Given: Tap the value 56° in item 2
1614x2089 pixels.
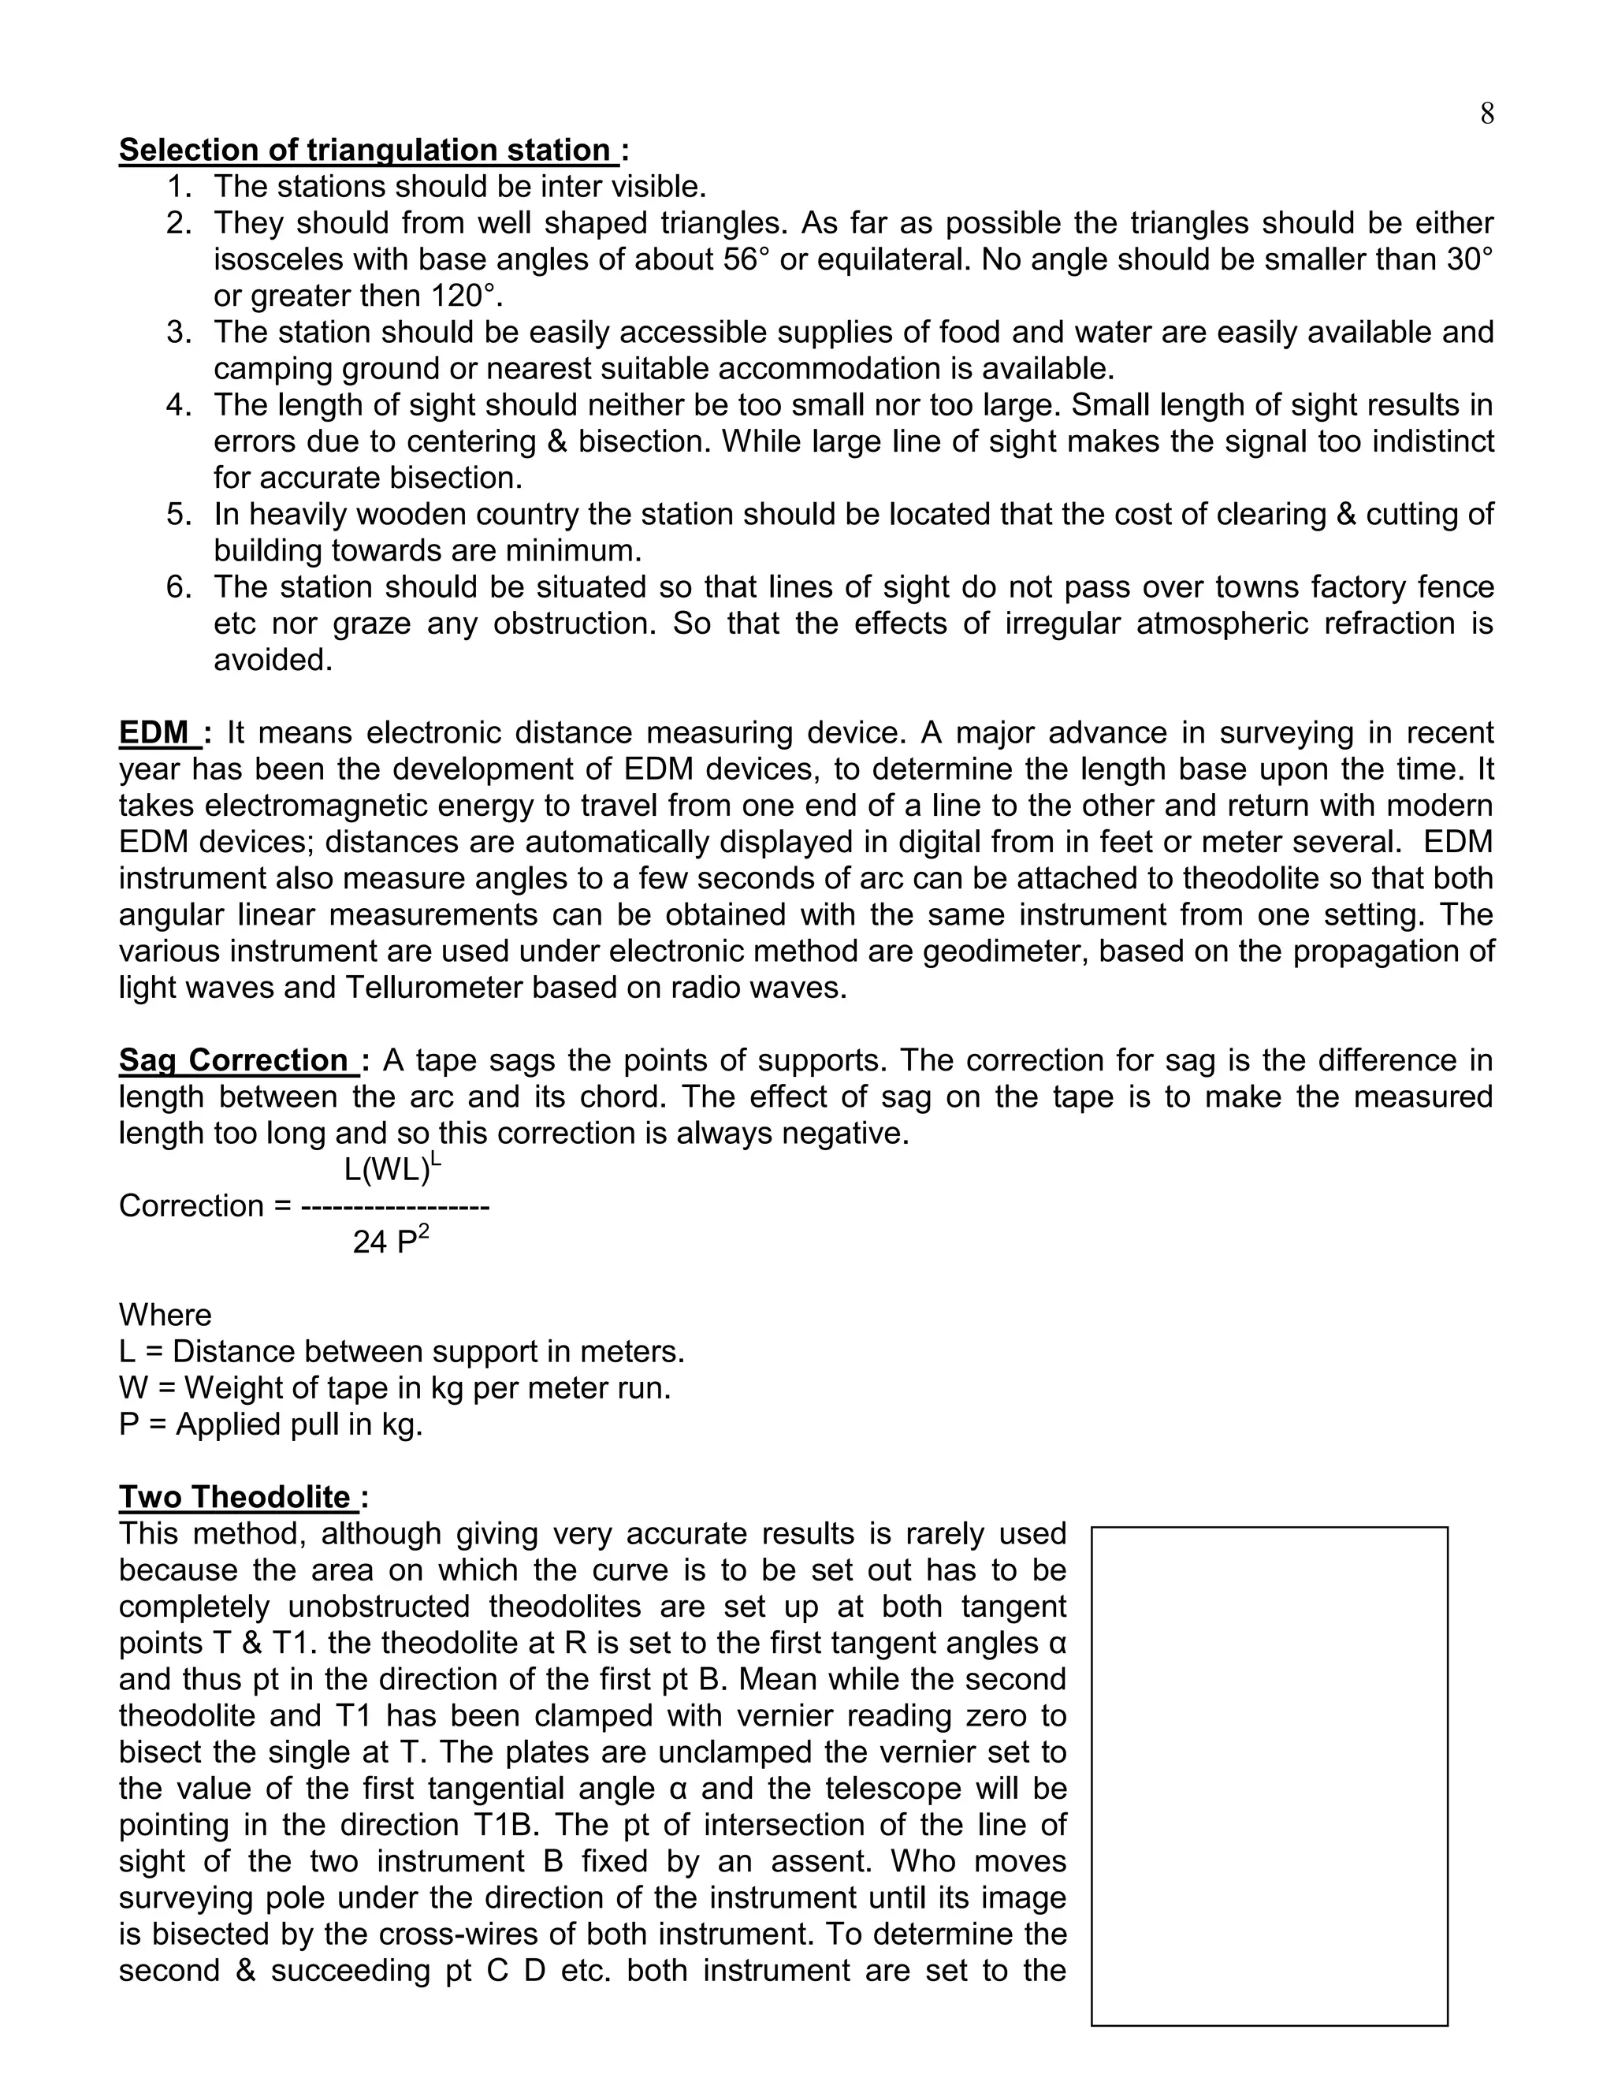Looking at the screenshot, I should pyautogui.click(x=747, y=259).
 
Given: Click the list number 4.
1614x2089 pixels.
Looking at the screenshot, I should pyautogui.click(x=178, y=404).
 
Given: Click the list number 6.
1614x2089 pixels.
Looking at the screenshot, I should pyautogui.click(x=178, y=586).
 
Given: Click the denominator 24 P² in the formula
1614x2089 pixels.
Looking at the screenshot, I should pyautogui.click(x=390, y=1242).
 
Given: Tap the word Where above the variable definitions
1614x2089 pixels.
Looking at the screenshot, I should pyautogui.click(x=165, y=1314).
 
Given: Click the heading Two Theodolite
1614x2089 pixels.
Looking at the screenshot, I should pyautogui.click(x=235, y=1497).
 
